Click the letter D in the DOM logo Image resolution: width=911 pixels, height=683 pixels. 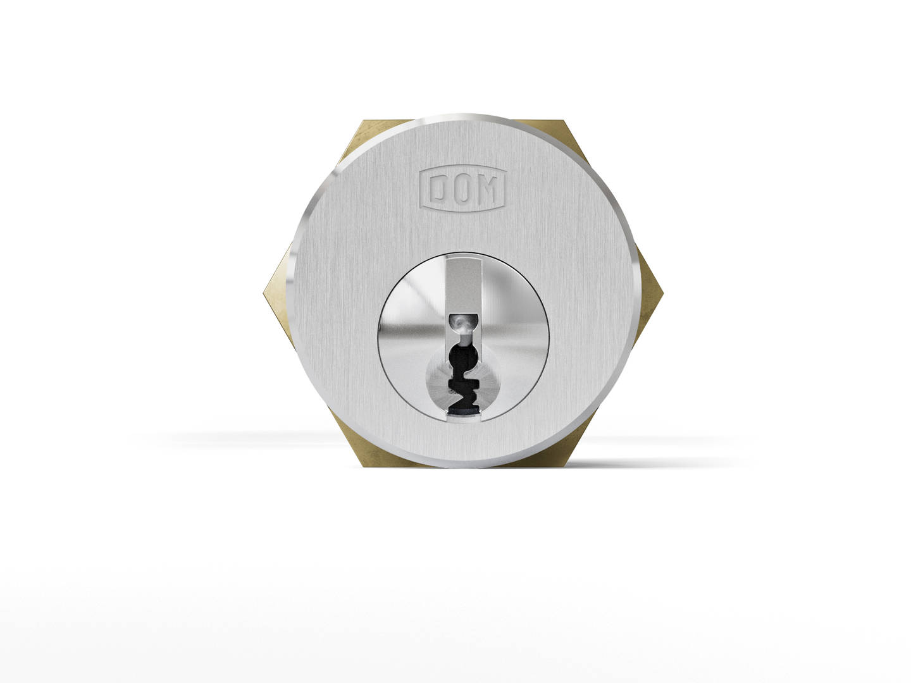pos(441,188)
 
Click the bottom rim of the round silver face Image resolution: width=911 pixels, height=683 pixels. pos(462,468)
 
